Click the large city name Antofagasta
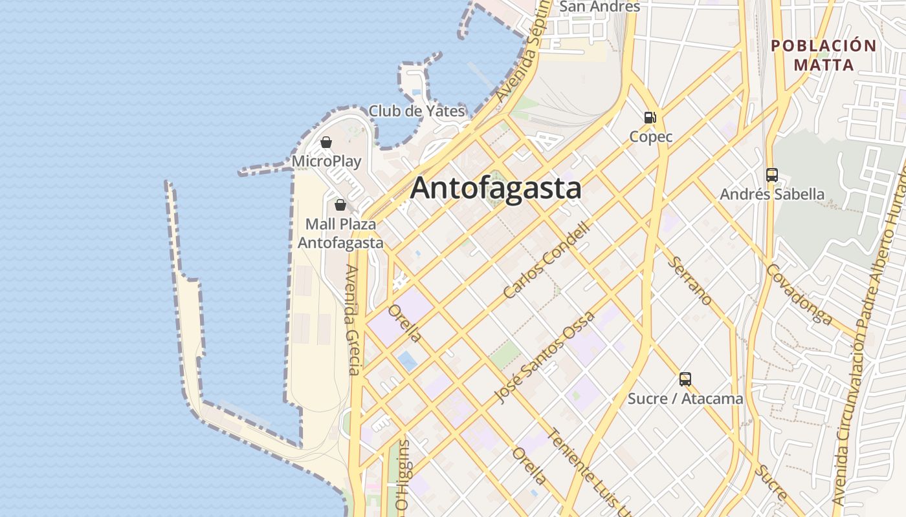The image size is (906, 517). click(496, 189)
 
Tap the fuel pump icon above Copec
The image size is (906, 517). click(650, 118)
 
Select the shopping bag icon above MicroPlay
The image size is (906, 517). click(326, 142)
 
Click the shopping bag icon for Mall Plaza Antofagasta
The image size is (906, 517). click(340, 206)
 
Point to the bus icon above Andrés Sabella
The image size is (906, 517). click(772, 175)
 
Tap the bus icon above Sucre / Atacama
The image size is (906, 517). click(685, 379)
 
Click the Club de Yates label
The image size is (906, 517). click(417, 111)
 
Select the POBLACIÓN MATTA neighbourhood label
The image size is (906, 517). click(824, 55)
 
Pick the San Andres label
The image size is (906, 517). click(599, 7)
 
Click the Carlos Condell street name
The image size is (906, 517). click(547, 260)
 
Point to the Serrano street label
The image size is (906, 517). click(691, 280)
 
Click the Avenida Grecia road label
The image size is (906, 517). click(353, 320)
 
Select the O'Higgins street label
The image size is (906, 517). click(403, 475)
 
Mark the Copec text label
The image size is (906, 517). click(651, 137)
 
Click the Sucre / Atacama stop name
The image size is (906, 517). click(685, 399)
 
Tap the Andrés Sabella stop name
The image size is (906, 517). click(772, 195)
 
